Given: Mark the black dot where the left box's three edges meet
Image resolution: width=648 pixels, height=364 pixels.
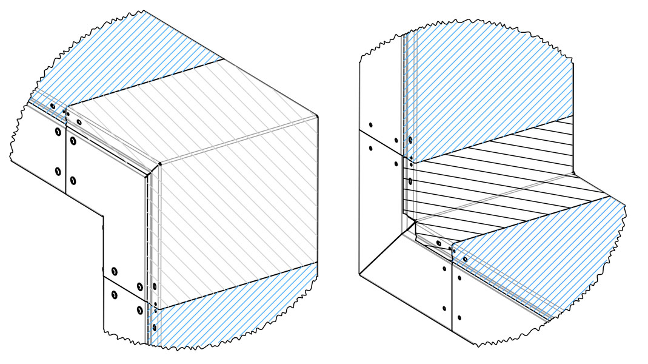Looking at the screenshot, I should pos(159,164).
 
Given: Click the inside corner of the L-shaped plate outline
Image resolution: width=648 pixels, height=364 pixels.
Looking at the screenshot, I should pos(103,212).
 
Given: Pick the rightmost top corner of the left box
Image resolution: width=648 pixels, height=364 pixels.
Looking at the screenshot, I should pos(318,115).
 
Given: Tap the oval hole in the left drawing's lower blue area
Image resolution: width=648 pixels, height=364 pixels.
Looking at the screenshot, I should pos(154,328).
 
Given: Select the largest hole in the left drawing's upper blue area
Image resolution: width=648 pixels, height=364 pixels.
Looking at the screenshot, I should pos(52,106).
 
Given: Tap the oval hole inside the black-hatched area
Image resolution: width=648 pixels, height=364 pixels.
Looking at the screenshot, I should pos(410,181).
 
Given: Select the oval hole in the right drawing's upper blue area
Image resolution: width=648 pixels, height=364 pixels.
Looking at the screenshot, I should pos(410,140).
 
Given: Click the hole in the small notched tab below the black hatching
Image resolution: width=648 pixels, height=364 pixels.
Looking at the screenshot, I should pos(438,243).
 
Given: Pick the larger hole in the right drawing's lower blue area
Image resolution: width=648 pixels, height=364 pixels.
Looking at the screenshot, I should pos(465,260).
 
